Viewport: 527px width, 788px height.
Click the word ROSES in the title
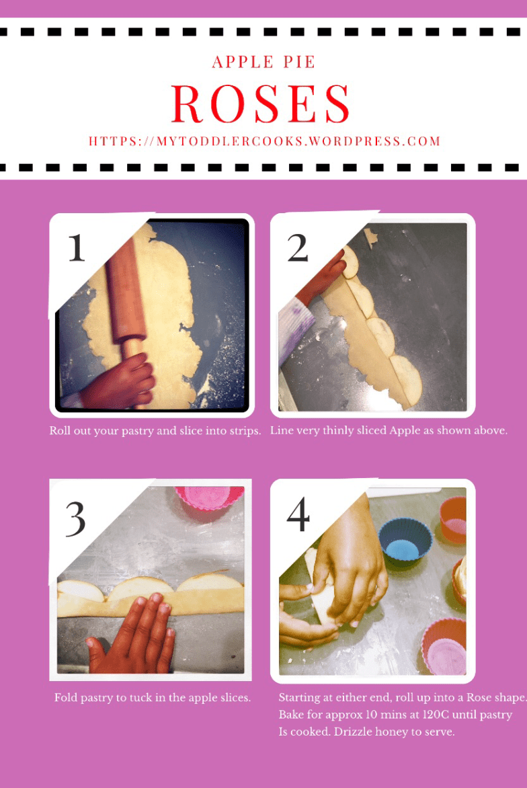coord(260,104)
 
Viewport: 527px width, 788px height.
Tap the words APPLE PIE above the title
coord(263,63)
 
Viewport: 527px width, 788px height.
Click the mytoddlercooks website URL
coord(264,141)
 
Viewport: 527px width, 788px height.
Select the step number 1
coord(77,247)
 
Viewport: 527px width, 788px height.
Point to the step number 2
coord(297,247)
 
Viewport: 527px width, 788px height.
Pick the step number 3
coord(75,518)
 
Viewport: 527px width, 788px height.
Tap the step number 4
coord(298,514)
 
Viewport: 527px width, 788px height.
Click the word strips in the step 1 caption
coord(245,431)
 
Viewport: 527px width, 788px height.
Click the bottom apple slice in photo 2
coord(405,378)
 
